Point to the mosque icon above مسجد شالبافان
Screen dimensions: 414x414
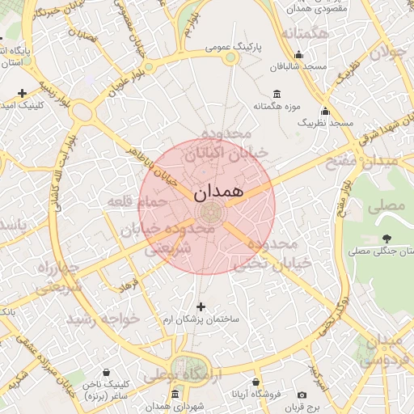click(299, 54)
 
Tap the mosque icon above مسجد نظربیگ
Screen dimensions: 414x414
click(325, 111)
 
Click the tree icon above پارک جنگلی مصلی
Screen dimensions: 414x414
click(386, 239)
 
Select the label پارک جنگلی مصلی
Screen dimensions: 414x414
click(381, 251)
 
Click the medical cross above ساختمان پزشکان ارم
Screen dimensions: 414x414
click(201, 306)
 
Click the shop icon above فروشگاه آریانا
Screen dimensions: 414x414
click(256, 382)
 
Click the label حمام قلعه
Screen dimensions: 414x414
click(137, 200)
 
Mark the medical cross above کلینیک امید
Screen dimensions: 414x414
click(21, 93)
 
